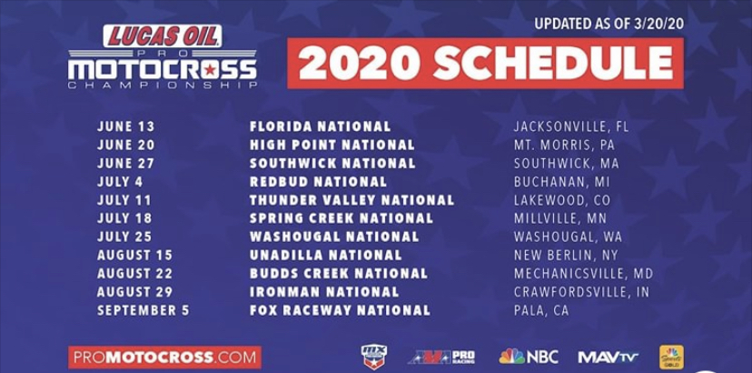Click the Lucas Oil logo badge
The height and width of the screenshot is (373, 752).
tap(163, 36)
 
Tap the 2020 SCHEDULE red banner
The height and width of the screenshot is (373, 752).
tap(485, 63)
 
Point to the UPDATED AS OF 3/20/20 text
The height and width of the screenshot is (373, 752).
tap(608, 23)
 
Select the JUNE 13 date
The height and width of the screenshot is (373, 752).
tap(126, 126)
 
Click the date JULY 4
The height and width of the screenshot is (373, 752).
tap(120, 182)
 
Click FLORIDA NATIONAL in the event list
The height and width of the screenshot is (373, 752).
tap(320, 126)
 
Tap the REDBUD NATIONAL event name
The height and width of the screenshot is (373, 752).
tap(318, 182)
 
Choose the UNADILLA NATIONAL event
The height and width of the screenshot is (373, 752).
tap(325, 255)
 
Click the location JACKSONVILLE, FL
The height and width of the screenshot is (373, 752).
tap(570, 126)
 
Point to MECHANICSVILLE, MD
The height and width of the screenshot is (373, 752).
tap(583, 273)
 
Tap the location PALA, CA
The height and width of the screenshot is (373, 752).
tap(541, 310)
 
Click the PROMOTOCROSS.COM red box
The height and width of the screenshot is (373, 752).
tap(164, 357)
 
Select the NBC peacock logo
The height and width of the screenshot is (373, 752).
tap(529, 357)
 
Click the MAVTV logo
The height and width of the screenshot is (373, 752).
tap(608, 357)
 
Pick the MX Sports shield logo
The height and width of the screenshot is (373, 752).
tap(373, 357)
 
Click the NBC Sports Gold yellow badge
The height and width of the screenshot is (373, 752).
tap(671, 357)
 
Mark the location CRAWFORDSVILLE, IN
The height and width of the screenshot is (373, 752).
tap(581, 292)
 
